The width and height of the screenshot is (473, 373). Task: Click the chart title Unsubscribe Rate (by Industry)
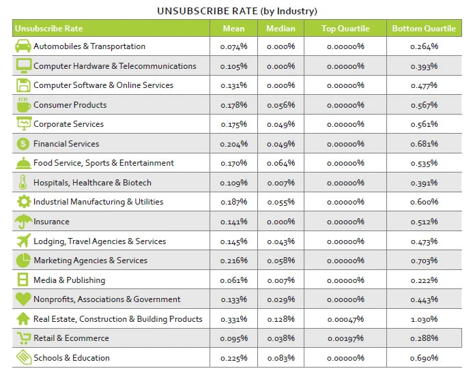[237, 11]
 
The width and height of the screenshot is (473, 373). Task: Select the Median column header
[281, 29]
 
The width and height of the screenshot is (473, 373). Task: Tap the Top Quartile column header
[345, 29]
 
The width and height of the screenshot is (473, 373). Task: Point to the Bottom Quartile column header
[424, 29]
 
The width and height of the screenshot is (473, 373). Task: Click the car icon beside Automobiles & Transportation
[23, 46]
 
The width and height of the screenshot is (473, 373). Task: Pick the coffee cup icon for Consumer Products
[23, 105]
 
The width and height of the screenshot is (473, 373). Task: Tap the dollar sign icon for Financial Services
[23, 144]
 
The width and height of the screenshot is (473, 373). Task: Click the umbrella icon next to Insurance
[23, 222]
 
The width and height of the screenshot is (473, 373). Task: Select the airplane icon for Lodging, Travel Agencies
[23, 241]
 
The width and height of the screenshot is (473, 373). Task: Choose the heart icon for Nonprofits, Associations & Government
[23, 299]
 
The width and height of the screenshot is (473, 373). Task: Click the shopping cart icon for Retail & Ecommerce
[23, 338]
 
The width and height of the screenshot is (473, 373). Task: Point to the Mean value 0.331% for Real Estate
[233, 319]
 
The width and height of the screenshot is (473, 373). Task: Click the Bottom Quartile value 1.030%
[424, 319]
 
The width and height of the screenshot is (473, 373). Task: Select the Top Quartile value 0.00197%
[345, 338]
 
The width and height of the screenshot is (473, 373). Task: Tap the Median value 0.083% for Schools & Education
[281, 358]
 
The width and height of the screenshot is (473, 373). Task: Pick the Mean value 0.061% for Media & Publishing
[233, 280]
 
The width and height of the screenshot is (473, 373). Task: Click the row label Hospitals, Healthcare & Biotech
[92, 183]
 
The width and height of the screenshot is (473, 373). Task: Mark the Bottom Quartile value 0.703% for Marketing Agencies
[424, 260]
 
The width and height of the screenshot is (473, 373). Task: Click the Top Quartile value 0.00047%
[345, 319]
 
